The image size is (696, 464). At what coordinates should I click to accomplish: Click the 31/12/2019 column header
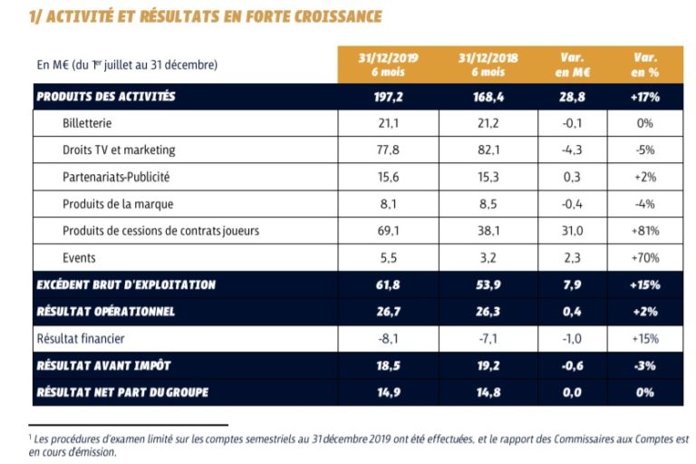coord(387,65)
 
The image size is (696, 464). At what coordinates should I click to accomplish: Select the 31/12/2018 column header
coord(489,65)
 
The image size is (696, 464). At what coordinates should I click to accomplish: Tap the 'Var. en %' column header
coord(646,65)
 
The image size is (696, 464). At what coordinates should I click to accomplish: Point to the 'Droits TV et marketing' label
coord(119,150)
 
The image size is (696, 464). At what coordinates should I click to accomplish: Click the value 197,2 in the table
coord(387,95)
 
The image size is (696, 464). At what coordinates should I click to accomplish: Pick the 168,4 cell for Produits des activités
coord(489,95)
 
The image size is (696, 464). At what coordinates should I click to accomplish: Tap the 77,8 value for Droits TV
coord(387,150)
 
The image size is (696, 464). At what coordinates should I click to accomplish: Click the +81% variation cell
coord(646,230)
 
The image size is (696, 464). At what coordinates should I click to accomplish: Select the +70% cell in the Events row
coord(646,257)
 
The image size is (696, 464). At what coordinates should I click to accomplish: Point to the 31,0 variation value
coord(572,230)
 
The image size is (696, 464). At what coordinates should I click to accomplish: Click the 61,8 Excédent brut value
coord(387,285)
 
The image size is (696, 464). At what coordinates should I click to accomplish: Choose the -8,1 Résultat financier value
coord(387,339)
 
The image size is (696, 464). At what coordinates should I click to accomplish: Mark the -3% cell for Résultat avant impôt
coord(646,366)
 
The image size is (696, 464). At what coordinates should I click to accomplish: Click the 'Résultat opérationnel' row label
coord(105,312)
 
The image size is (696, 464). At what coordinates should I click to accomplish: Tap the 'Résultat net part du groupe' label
coord(123,393)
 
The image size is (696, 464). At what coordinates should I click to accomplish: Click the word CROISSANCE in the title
coord(328,16)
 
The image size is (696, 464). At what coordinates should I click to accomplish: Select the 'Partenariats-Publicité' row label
coord(117,177)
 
